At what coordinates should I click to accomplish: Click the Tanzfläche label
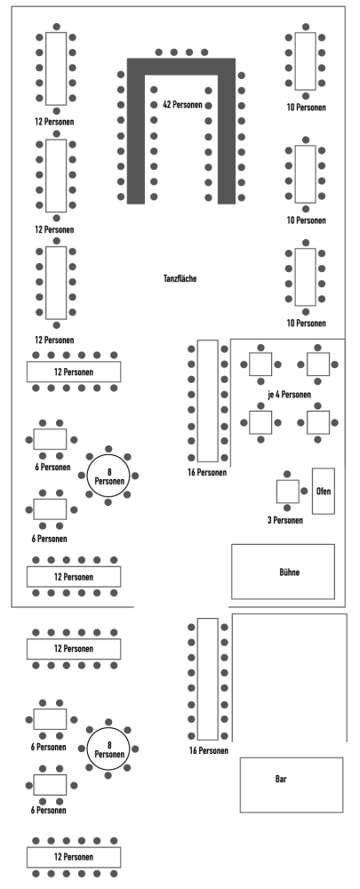(180, 278)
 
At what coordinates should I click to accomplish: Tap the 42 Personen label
(182, 105)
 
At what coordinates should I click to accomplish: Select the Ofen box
(324, 491)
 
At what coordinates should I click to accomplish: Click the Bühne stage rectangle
(283, 572)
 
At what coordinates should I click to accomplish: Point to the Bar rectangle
(292, 785)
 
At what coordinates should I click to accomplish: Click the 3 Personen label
(284, 520)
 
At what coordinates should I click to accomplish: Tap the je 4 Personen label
(289, 395)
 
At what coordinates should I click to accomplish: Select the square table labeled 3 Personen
(287, 491)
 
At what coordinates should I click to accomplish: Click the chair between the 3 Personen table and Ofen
(304, 491)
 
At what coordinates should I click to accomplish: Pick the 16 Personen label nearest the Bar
(209, 750)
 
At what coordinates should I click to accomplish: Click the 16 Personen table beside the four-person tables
(207, 400)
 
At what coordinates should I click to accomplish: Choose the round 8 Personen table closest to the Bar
(109, 749)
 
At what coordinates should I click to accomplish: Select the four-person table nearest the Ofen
(318, 422)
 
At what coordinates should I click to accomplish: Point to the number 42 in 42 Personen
(167, 105)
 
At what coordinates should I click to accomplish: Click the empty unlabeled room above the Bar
(290, 677)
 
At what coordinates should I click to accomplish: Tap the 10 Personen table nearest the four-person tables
(306, 276)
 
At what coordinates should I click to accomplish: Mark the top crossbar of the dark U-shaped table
(180, 67)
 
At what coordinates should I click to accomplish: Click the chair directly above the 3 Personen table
(287, 474)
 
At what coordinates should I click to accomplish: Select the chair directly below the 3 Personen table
(287, 508)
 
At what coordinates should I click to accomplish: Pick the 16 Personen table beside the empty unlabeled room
(207, 678)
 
